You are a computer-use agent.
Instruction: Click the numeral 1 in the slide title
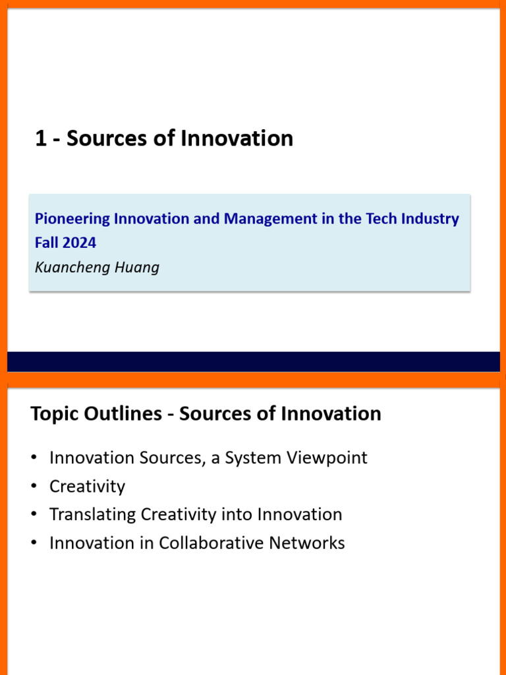(x=41, y=139)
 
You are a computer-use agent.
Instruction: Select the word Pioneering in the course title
(x=72, y=219)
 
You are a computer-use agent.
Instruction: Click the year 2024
(x=80, y=243)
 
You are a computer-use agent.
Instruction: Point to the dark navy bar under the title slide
(x=253, y=361)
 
